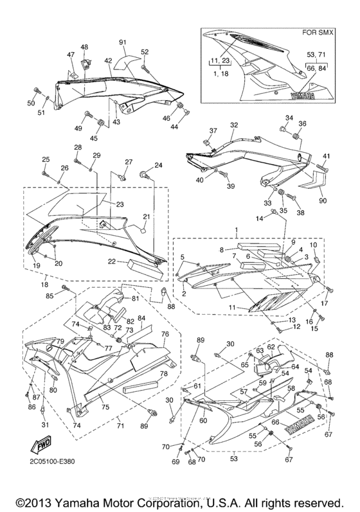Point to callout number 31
(44, 425)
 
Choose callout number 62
(271, 346)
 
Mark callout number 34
(289, 118)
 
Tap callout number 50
(30, 103)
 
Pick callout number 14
(260, 219)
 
